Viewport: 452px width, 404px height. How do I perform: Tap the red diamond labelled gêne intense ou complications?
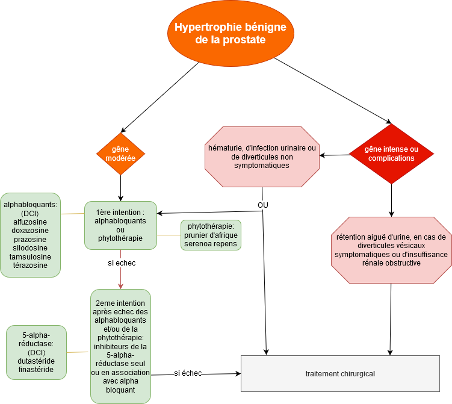[391, 154]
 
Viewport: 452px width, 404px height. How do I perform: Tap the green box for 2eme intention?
[120, 346]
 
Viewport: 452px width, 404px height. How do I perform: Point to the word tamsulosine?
[30, 256]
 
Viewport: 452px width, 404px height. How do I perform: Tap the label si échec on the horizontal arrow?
[188, 373]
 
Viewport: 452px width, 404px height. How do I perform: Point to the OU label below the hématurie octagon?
[263, 205]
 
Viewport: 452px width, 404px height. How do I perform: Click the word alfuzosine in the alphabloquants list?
[30, 222]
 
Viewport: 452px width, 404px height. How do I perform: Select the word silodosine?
[30, 248]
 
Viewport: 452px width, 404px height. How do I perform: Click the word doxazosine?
[30, 231]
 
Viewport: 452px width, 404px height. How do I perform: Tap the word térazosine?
[30, 265]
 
